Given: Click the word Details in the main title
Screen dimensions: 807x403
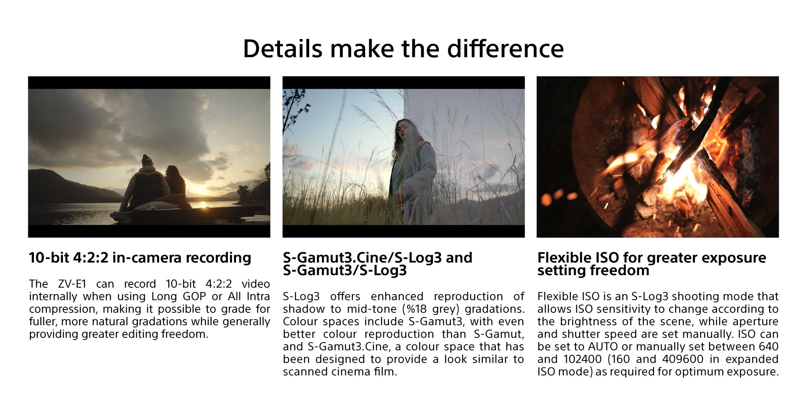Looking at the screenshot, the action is click(283, 49).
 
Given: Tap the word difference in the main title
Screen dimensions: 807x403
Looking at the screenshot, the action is click(505, 49).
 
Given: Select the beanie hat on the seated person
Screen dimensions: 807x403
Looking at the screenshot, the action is click(147, 160).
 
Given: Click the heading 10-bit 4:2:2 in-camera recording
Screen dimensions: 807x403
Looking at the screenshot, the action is click(140, 258).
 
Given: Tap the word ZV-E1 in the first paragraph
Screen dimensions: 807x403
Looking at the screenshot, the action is click(72, 284).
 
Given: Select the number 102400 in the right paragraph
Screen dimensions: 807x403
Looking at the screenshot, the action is click(583, 359).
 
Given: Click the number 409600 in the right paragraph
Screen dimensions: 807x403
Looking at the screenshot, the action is click(684, 359).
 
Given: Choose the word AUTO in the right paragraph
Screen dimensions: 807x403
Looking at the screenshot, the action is click(603, 347).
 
